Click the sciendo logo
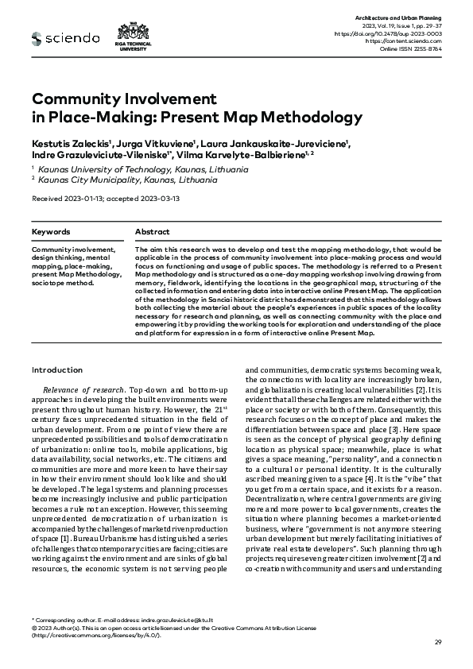coord(65,37)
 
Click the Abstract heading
coord(152,232)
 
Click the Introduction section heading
coord(56,369)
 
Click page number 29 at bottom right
coord(438,642)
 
